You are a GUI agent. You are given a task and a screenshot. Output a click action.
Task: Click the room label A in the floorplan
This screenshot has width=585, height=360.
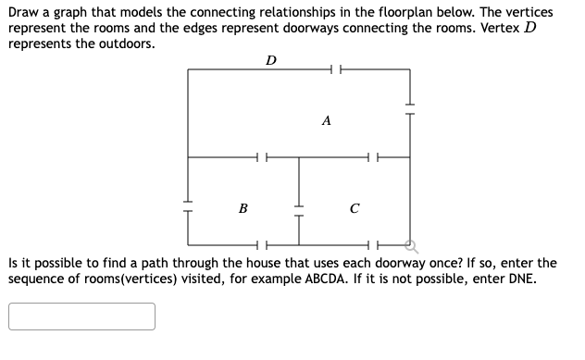[x=327, y=120]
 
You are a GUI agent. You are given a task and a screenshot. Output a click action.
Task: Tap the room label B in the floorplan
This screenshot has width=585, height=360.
[x=243, y=208]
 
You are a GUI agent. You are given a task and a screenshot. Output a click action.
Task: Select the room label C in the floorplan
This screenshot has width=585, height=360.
[x=355, y=208]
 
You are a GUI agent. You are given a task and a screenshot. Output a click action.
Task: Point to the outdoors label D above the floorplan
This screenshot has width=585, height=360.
[x=269, y=61]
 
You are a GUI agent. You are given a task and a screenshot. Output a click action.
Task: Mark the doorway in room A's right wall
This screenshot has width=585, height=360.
[x=410, y=107]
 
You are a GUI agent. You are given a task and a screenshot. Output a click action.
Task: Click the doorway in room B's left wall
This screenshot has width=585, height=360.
[x=188, y=205]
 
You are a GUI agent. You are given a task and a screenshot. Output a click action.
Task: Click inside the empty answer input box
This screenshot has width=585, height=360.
[x=82, y=317]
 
